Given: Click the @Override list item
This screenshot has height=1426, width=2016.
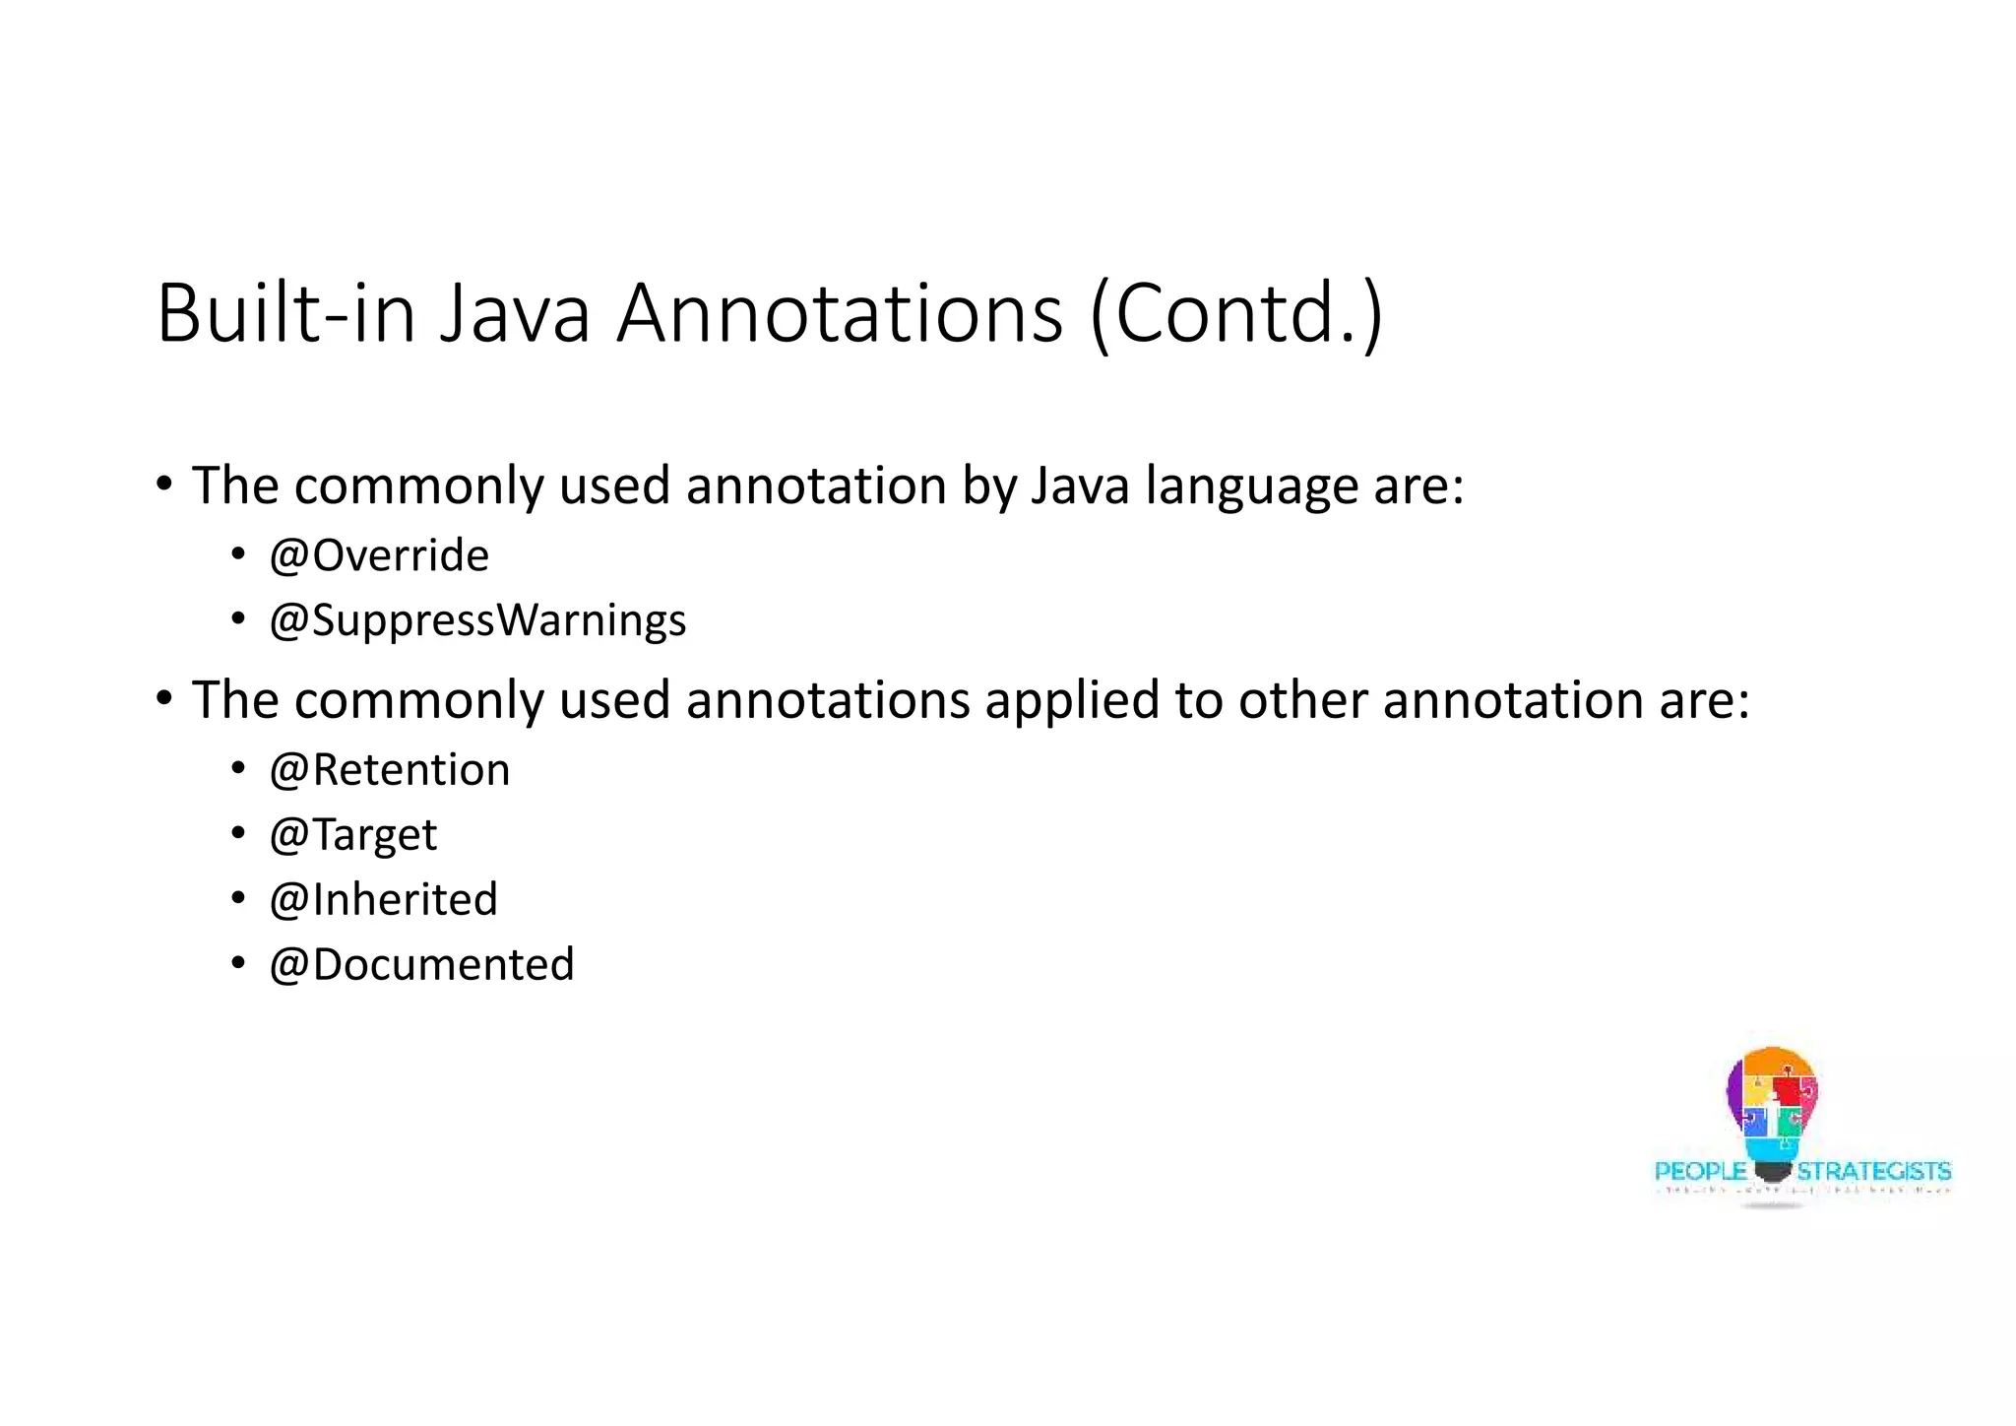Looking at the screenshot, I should (379, 556).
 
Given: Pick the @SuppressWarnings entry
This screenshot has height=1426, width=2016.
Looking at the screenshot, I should (477, 620).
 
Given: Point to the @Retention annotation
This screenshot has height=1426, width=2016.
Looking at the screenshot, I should (390, 770).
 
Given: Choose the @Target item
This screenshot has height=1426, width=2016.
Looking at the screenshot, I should (352, 835).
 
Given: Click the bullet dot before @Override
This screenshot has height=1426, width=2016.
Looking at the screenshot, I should (238, 556).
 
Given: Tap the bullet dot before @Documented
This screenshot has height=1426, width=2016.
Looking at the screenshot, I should (238, 963).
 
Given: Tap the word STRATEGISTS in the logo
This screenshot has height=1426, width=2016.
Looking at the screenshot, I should (1874, 1171).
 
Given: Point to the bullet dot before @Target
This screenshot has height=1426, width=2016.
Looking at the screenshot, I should (238, 834).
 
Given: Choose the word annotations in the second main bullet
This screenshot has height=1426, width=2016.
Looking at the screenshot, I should (828, 700).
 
